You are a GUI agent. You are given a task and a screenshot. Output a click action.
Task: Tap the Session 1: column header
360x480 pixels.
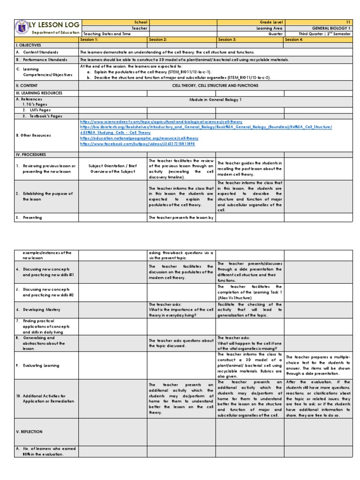click(90, 40)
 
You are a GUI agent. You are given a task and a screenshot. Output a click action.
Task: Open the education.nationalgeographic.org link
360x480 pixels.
click(139, 138)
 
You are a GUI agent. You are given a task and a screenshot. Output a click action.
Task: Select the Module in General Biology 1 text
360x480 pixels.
click(215, 100)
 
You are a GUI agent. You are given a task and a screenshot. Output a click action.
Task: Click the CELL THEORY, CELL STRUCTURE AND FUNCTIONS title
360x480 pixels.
click(215, 86)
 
